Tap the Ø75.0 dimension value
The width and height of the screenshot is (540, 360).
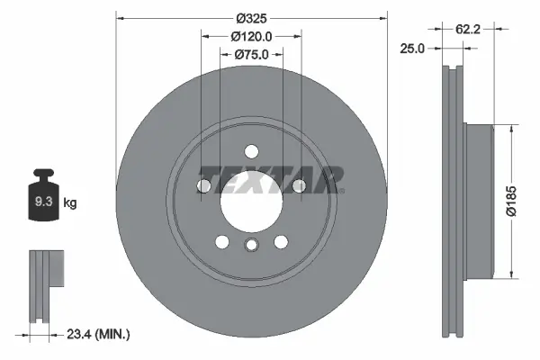click(252, 55)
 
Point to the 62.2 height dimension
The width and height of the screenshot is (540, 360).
click(467, 30)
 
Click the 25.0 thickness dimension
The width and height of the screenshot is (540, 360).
click(412, 49)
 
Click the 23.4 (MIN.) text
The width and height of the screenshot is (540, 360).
click(96, 334)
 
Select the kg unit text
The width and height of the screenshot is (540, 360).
click(70, 203)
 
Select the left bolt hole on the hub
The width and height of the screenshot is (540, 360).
click(205, 186)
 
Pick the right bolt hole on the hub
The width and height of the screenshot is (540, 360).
click(299, 186)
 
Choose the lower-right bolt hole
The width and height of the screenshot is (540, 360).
click(281, 241)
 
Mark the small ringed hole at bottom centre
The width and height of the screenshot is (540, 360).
click(252, 247)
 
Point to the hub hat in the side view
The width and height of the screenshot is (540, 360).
click(482, 200)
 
